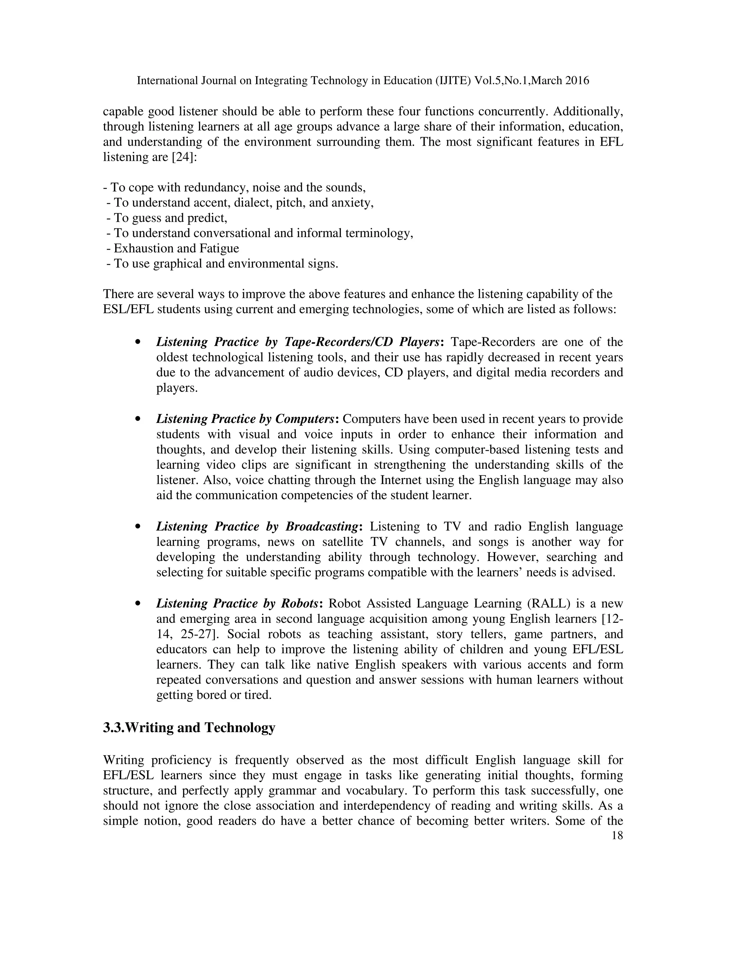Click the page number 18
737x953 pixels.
click(617, 835)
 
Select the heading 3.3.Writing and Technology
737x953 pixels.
click(189, 728)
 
